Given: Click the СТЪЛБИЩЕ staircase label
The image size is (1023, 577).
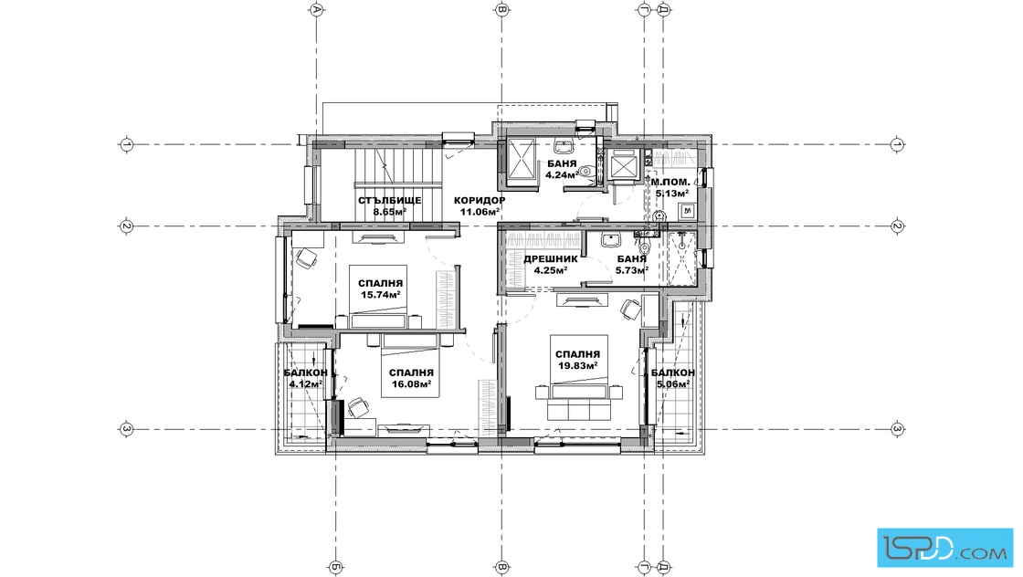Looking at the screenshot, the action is tap(389, 200).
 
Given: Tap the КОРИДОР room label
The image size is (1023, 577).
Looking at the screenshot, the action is tap(480, 200).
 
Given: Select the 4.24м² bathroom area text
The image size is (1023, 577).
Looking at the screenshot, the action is tap(562, 174).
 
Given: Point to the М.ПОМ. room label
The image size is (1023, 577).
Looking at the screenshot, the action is tap(670, 182).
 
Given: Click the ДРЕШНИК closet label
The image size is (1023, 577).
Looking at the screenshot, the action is tap(551, 259).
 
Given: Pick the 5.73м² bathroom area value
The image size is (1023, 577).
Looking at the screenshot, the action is tap(632, 269).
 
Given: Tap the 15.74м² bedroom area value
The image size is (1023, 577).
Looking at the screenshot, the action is tap(380, 294).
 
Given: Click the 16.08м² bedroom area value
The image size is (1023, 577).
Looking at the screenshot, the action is tap(411, 383).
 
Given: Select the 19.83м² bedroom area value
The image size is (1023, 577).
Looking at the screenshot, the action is tap(578, 365).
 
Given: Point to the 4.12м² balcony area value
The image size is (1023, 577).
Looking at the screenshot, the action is tap(306, 383).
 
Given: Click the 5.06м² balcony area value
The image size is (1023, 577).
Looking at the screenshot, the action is tap(673, 383).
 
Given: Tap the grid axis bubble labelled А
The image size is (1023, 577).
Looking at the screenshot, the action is tap(316, 9).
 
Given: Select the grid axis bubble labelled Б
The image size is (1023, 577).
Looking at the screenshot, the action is tap(335, 568).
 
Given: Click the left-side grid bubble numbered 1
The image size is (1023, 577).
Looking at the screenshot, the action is tap(127, 144).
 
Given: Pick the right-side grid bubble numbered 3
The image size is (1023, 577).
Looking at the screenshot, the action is tap(898, 429).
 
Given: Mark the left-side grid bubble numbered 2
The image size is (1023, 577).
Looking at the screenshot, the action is tap(127, 226).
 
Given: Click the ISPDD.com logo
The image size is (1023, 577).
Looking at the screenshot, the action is tap(945, 547).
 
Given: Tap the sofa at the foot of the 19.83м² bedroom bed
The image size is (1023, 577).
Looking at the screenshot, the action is tap(578, 409).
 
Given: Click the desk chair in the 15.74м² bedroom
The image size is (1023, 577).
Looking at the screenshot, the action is tap(305, 259).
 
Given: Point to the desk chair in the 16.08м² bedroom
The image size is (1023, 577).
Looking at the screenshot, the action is tap(357, 407).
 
